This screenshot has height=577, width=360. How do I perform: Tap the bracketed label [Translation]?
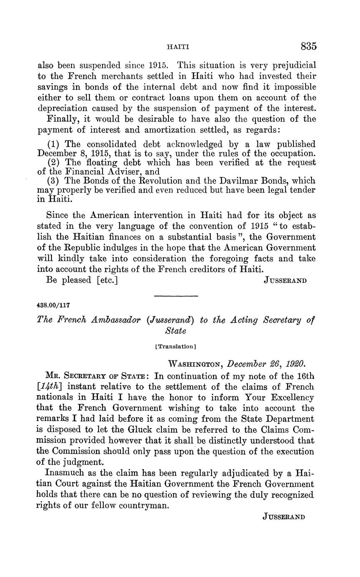coord(176,346)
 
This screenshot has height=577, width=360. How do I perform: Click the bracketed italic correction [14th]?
coord(52,387)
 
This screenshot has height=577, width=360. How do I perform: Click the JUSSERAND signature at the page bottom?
coord(284,516)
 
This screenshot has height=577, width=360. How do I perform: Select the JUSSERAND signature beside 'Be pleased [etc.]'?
coord(286,281)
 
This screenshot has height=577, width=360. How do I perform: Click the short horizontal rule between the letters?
coord(176,296)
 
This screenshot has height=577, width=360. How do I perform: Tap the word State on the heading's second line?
coord(176,331)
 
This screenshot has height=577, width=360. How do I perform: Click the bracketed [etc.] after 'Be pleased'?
coord(107,280)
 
